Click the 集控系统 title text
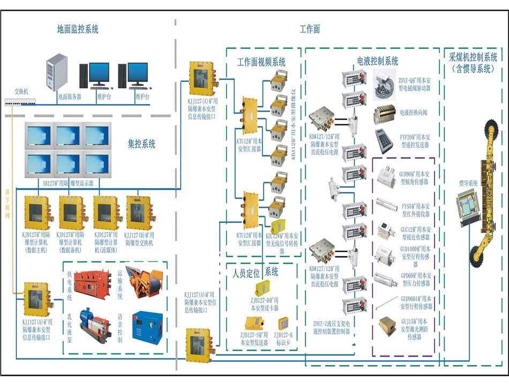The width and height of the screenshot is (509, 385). click(141, 143)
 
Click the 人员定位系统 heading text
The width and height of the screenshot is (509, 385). click(255, 272)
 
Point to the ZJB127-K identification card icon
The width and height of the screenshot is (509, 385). click(283, 323)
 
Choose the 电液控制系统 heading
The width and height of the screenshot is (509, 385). click(378, 61)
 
